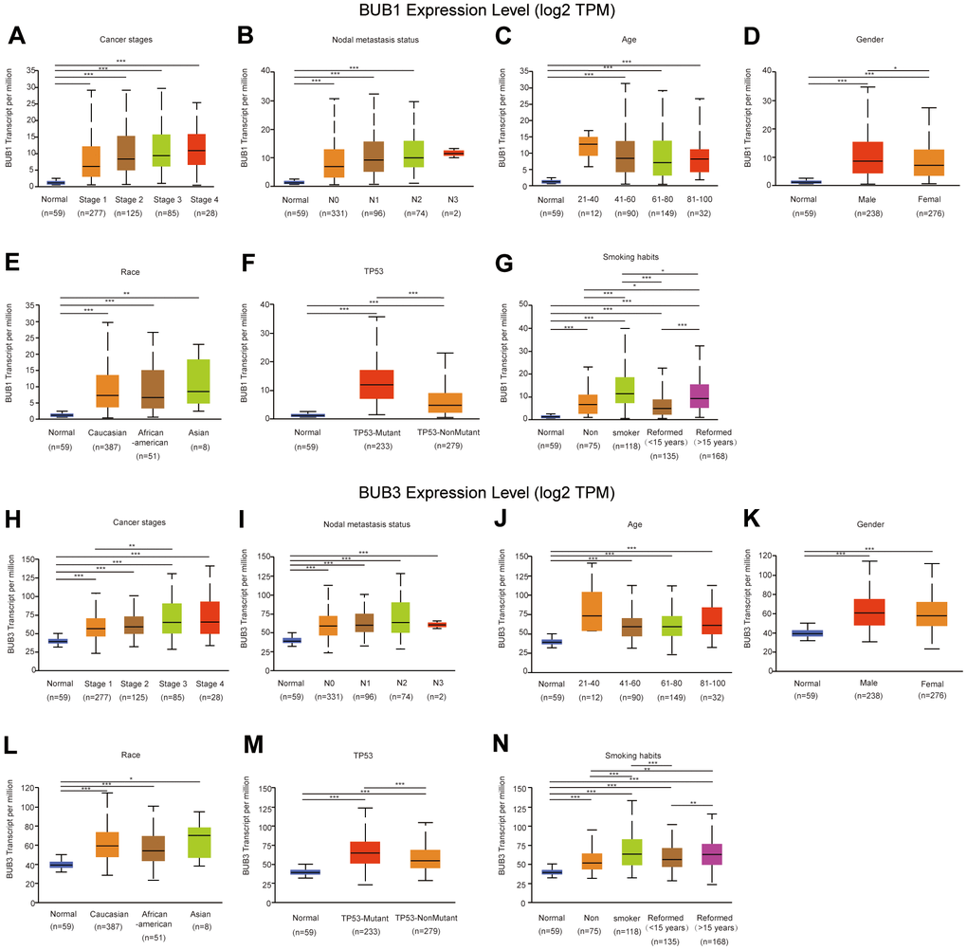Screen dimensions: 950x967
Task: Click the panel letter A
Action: point(15,37)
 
